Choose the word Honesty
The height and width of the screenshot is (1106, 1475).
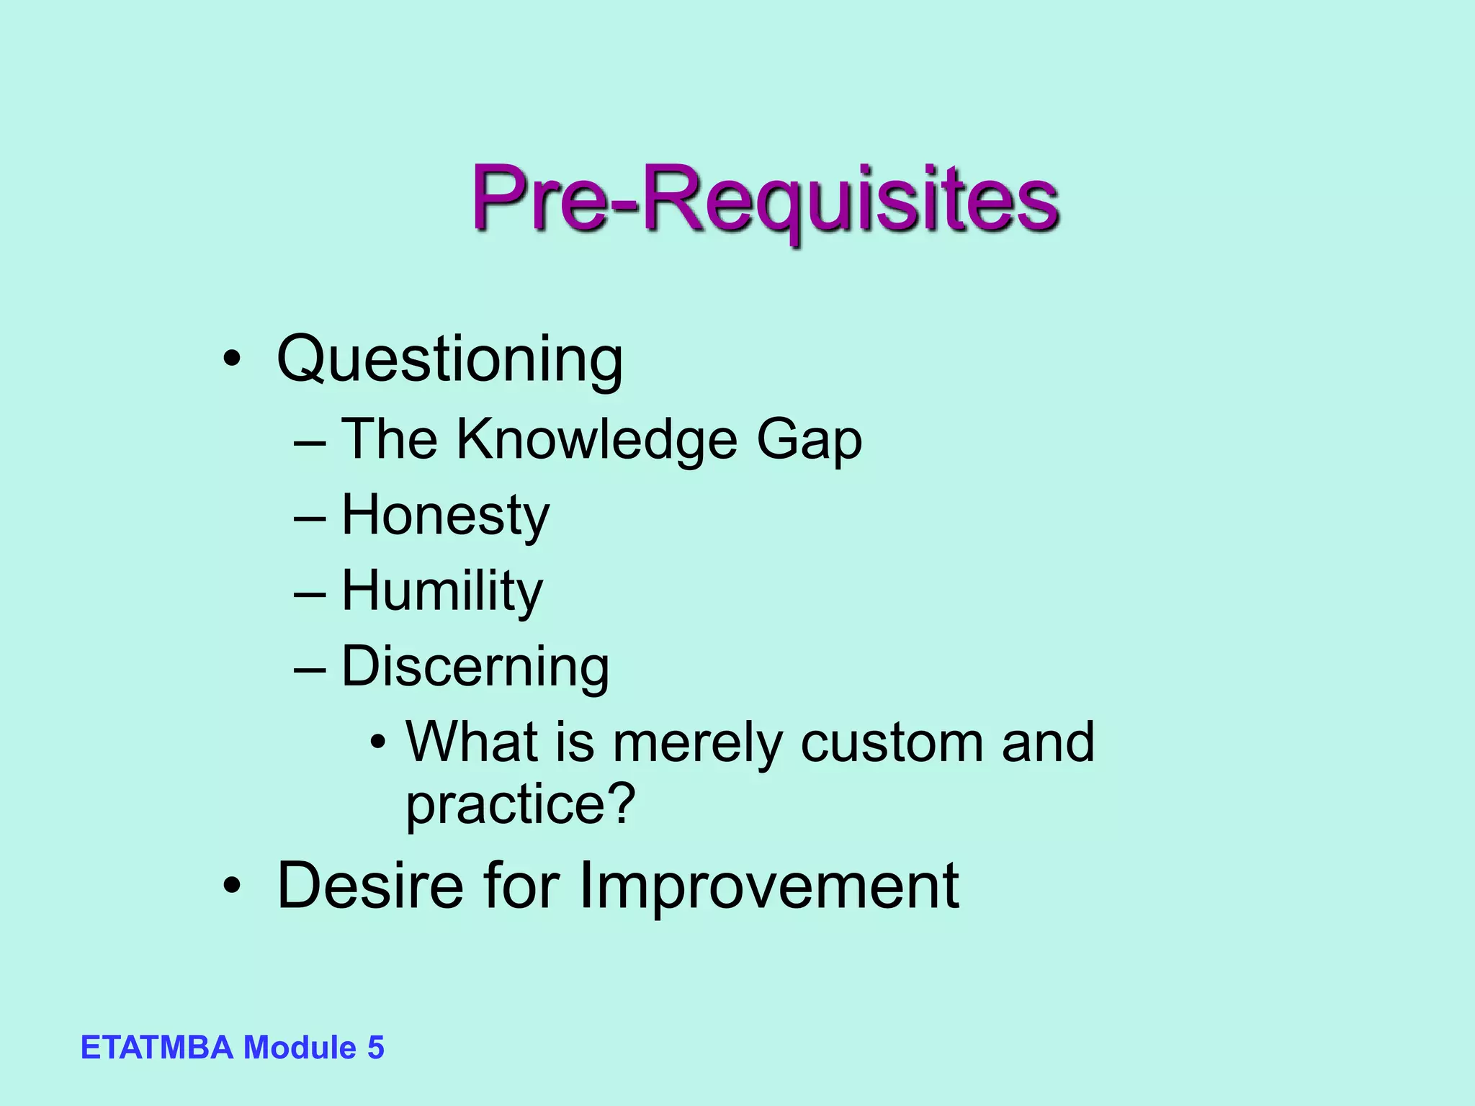coord(445,515)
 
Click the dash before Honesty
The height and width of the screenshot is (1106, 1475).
coord(310,517)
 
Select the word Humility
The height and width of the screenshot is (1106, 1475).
coord(441,590)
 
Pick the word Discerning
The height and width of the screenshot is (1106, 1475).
coord(475,666)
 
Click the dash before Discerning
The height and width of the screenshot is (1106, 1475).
coord(310,668)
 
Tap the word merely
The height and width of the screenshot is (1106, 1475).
coord(697,742)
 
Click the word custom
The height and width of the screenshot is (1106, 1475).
coord(892,742)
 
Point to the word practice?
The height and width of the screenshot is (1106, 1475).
coord(521,804)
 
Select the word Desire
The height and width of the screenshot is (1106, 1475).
coord(370,885)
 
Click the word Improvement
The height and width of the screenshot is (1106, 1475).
coord(768,886)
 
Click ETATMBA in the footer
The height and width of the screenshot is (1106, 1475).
coord(157,1047)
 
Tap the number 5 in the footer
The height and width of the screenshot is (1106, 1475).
coord(375,1047)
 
